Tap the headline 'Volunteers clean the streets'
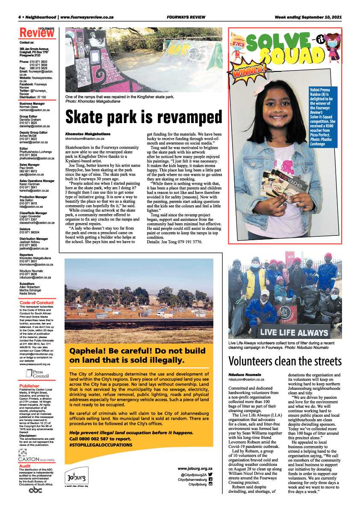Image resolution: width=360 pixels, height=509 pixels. pyautogui.click(x=285, y=362)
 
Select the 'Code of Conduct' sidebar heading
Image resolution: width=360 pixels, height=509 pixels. pyautogui.click(x=37, y=303)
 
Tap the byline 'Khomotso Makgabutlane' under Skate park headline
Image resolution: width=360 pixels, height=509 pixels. pyautogui.click(x=88, y=134)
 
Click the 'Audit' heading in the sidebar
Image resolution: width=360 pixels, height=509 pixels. pyautogui.click(x=25, y=466)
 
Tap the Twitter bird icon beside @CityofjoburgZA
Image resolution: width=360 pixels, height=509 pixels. pyautogui.click(x=210, y=474)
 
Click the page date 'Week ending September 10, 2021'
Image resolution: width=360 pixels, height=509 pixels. pyautogui.click(x=308, y=18)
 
